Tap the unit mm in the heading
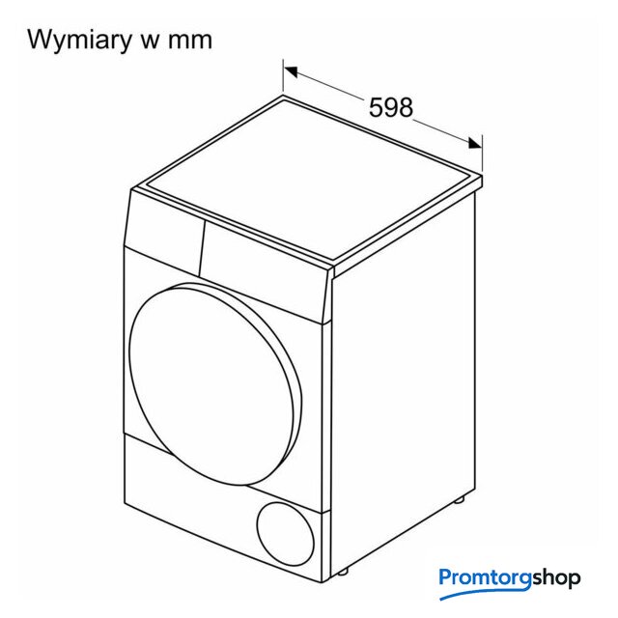[x=190, y=42]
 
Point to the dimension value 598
[x=390, y=107]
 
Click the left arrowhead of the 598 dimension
[x=291, y=71]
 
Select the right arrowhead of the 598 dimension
[x=475, y=143]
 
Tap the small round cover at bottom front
[x=286, y=534]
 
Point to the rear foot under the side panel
[x=459, y=500]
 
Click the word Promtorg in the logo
[x=486, y=578]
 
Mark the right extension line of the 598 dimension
[x=483, y=154]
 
